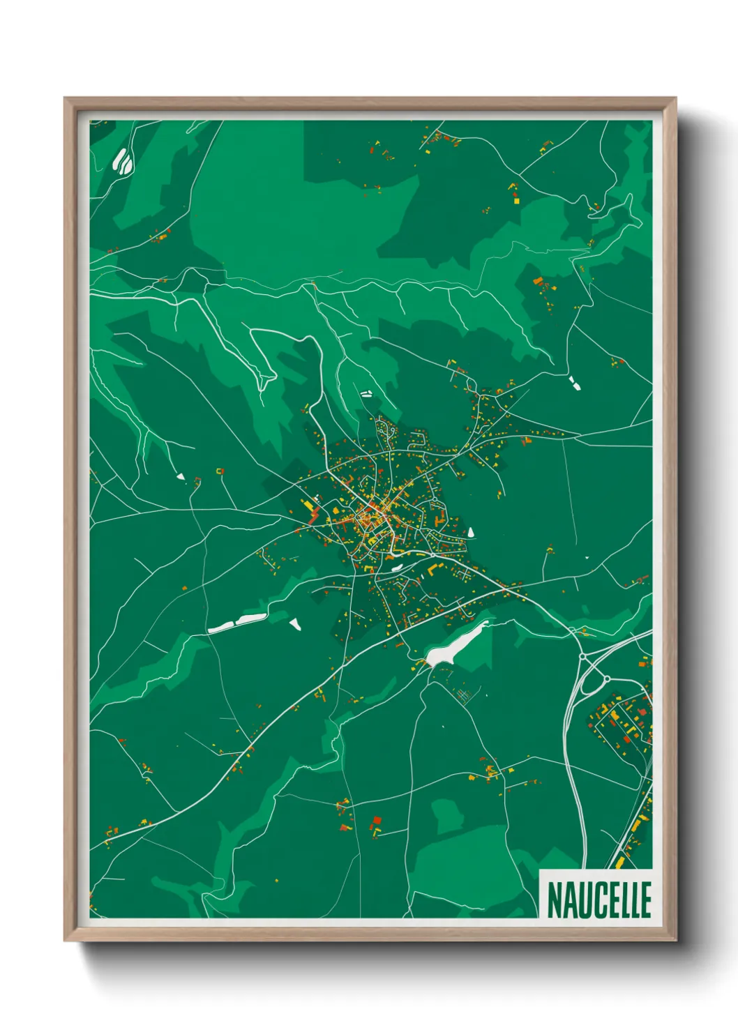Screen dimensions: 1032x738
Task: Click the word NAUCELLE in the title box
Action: [598, 900]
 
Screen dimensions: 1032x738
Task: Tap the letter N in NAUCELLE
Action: [555, 900]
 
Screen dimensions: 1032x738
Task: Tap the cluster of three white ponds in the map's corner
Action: [123, 161]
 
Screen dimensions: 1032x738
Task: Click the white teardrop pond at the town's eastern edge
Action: [471, 532]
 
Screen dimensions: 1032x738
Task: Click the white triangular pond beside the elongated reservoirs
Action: [295, 624]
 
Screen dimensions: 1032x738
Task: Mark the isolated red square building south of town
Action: [377, 819]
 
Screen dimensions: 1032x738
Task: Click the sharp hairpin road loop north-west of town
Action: [265, 380]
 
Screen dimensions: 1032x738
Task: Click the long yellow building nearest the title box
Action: [619, 863]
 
